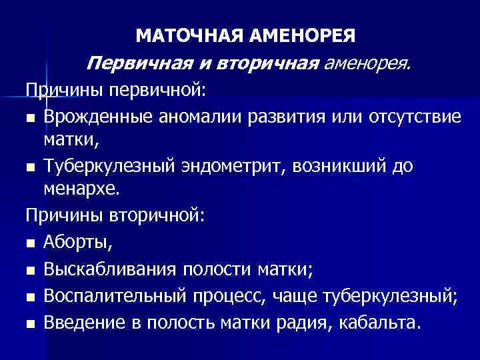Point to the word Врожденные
click(103, 117)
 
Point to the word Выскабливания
click(110, 269)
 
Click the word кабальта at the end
click(380, 323)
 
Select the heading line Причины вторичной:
click(117, 217)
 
